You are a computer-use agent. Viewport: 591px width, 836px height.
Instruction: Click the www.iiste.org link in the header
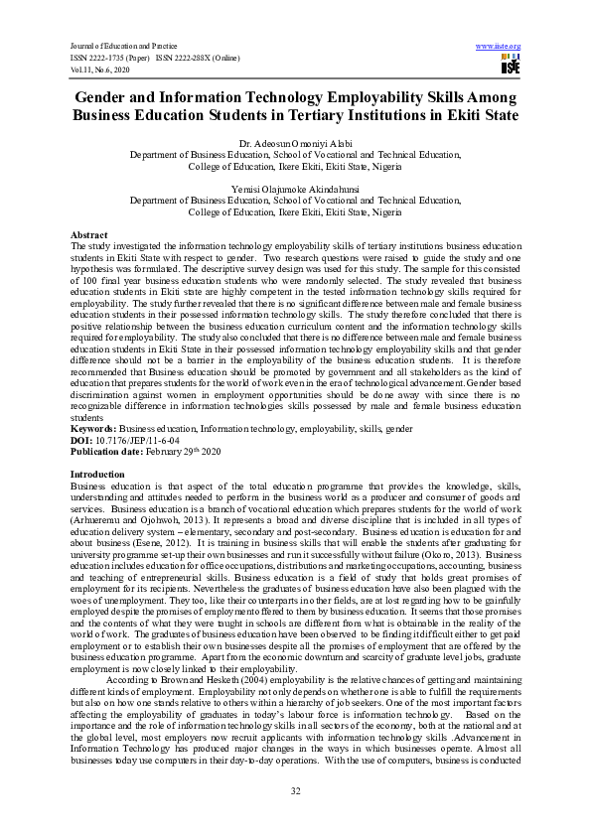pyautogui.click(x=499, y=47)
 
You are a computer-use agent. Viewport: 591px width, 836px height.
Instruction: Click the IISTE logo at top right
pyautogui.click(x=511, y=66)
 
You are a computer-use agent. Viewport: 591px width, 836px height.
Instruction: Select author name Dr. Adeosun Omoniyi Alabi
pyautogui.click(x=295, y=146)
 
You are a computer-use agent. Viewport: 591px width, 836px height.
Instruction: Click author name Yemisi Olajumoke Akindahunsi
pyautogui.click(x=295, y=189)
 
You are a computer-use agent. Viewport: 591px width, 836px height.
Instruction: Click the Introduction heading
pyautogui.click(x=98, y=475)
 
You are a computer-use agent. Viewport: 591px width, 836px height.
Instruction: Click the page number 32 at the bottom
pyautogui.click(x=295, y=790)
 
